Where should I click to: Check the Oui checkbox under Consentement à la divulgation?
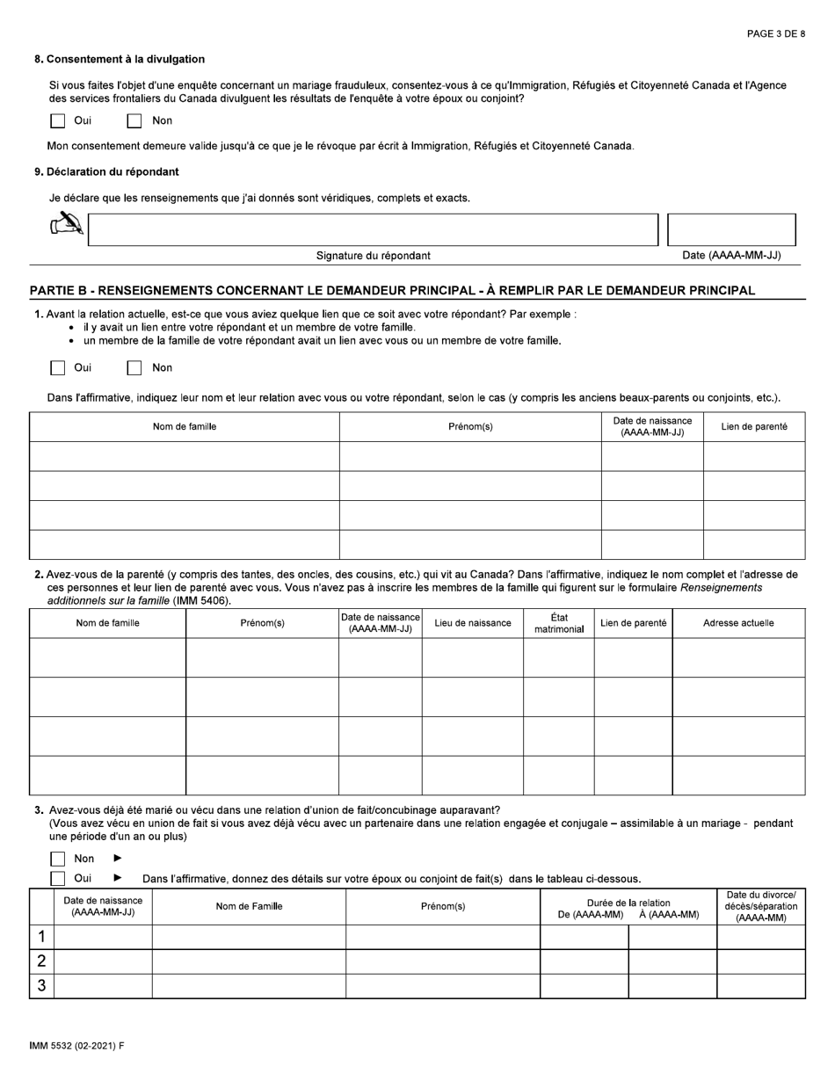[x=57, y=121]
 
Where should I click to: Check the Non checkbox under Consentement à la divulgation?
[x=134, y=121]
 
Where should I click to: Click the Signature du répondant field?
[x=373, y=229]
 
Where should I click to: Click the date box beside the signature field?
[x=731, y=229]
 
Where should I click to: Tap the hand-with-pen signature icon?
[x=67, y=225]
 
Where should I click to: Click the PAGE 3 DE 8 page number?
[x=775, y=34]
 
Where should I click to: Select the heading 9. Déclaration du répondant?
[x=106, y=171]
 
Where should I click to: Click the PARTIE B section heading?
[x=392, y=291]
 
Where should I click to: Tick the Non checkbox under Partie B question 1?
[x=134, y=368]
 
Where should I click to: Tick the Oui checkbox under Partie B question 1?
[x=57, y=368]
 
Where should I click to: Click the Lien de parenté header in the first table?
[x=753, y=427]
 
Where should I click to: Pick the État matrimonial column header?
[x=558, y=623]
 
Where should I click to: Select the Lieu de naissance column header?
[x=472, y=623]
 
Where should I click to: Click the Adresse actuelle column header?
[x=738, y=623]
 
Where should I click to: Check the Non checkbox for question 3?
[x=57, y=859]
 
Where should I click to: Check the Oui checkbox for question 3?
[x=57, y=878]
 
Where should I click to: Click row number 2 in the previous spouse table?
[x=41, y=961]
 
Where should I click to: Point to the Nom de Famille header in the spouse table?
[x=249, y=906]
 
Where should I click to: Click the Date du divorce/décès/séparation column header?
[x=760, y=906]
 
